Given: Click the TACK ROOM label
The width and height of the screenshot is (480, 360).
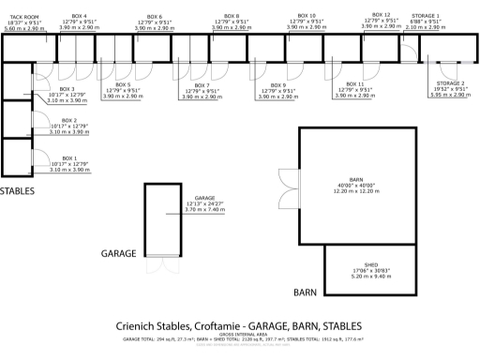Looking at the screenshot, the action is pos(23,17).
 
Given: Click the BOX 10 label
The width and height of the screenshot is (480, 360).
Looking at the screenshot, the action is pos(307,16).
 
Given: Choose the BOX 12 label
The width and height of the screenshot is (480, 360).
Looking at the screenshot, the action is pos(381,15).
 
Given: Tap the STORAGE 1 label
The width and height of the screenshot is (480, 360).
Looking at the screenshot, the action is pos(431,16).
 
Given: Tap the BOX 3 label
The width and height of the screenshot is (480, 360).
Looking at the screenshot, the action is pos(67,89).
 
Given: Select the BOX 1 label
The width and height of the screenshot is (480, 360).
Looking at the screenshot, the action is pos(67,158).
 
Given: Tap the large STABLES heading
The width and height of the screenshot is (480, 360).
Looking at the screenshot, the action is pos(17,191).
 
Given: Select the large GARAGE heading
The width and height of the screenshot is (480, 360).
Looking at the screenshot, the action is pos(119,253).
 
